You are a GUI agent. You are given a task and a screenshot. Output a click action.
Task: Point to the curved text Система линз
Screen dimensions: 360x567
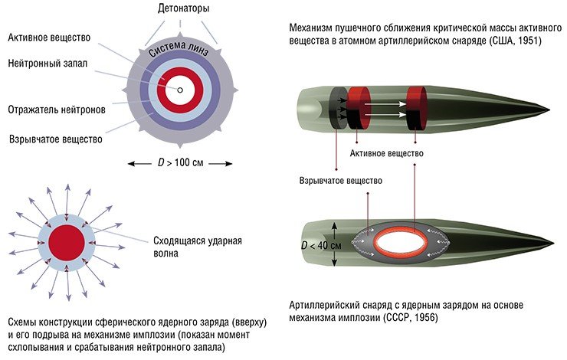tap(177, 52)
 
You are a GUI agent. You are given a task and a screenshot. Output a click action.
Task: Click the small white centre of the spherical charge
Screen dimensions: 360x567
tap(179, 90)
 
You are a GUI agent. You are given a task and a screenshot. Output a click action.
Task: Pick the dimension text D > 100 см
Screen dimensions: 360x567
tap(179, 163)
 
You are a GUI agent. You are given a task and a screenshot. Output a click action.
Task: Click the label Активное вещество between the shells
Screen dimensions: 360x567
tap(386, 153)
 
